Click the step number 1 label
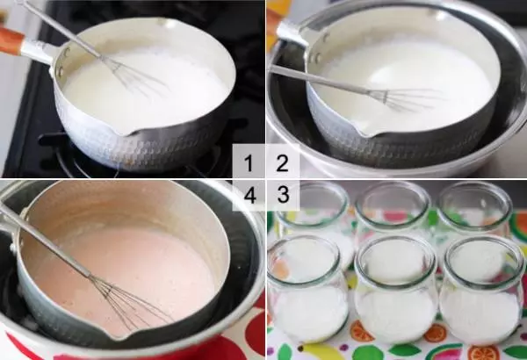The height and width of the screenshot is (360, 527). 249,163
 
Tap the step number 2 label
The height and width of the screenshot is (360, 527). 282,163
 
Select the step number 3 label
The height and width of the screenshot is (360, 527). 284,194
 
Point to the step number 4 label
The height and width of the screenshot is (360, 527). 249,196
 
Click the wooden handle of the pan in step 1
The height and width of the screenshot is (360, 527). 10,40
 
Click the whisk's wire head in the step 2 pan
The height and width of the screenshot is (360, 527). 403,98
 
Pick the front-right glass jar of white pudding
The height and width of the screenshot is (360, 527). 482,290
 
